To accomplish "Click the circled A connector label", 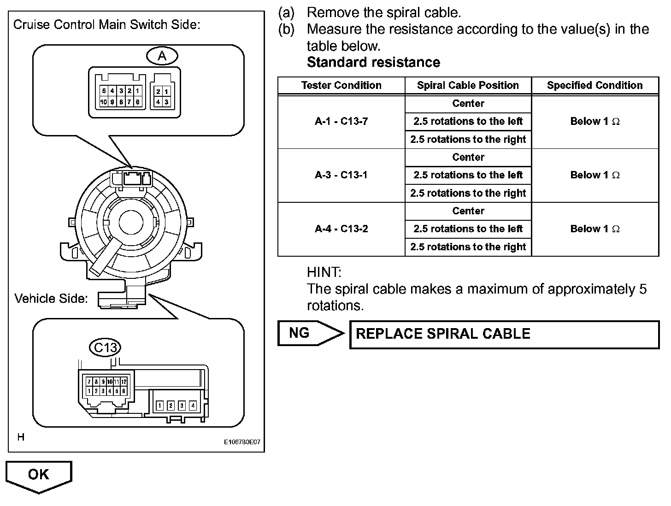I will tap(162, 56).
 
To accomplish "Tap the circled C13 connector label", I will tap(106, 347).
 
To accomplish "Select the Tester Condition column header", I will tap(341, 85).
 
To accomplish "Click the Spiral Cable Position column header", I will tap(468, 85).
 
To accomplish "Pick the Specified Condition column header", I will tap(594, 85).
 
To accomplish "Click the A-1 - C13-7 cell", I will tap(341, 122).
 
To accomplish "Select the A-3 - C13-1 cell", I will tap(341, 175).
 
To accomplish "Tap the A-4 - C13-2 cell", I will tap(341, 229).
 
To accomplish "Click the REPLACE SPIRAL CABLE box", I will tap(504, 334).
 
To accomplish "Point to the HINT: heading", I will tap(324, 272).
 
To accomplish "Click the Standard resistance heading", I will tap(373, 62).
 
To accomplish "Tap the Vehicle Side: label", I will tap(51, 299).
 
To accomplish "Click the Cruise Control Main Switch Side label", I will tap(106, 24).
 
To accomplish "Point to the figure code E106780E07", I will tap(242, 442).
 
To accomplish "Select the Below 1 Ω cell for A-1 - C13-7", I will tap(594, 122).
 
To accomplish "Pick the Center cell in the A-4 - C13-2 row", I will tap(468, 211).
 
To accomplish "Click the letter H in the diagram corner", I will tap(21, 437).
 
